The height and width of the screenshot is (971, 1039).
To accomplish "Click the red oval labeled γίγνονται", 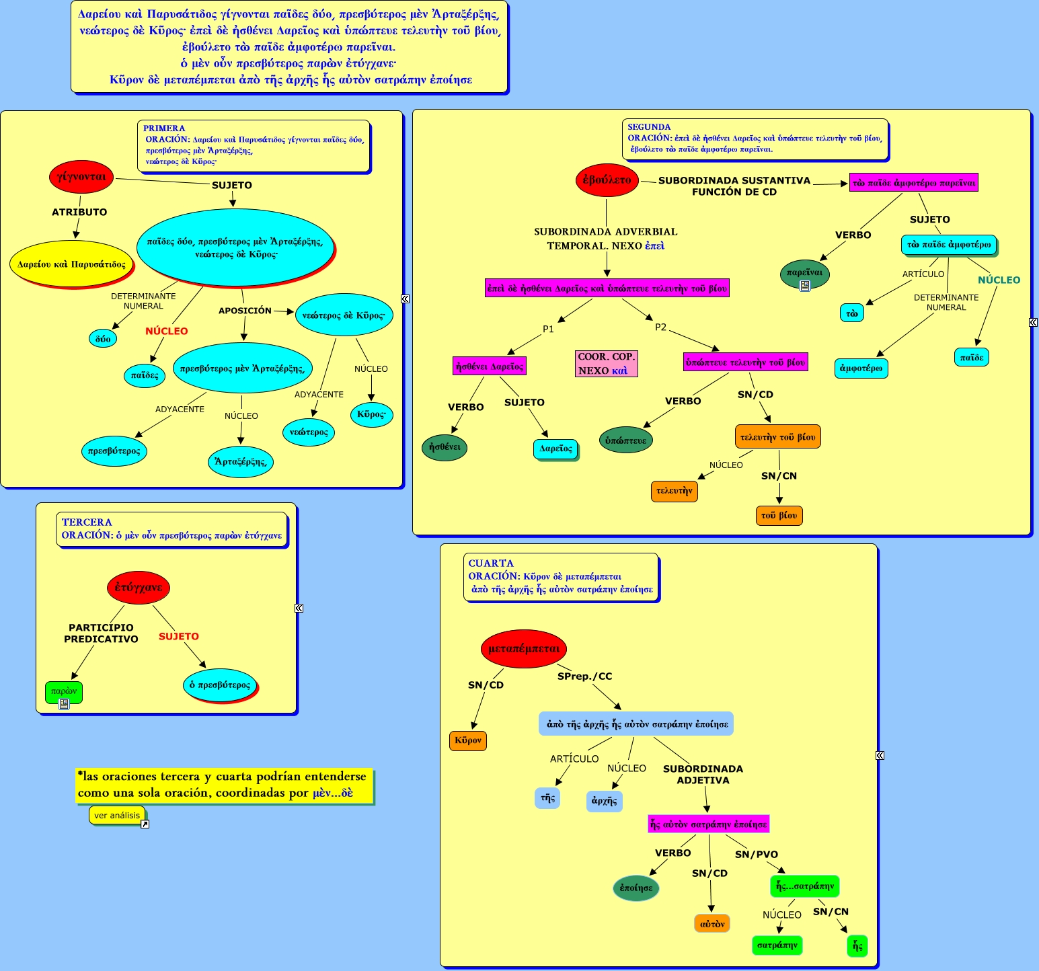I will point(81,177).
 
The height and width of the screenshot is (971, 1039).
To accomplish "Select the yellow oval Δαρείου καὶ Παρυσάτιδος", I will point(71,264).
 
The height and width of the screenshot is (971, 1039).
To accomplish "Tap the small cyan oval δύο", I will point(103,338).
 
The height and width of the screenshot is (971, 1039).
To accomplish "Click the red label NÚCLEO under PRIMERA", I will point(167,331).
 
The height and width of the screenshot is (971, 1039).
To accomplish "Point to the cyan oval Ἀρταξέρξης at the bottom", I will point(240,461).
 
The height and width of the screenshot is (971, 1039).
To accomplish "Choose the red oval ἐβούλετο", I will point(607,180).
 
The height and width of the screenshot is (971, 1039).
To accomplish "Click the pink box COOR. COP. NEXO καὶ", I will point(606,364).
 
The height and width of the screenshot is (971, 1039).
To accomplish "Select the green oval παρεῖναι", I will point(804,273).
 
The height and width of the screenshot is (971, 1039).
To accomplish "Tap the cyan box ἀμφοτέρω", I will point(861,368).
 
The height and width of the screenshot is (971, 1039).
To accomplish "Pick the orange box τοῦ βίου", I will point(779,516).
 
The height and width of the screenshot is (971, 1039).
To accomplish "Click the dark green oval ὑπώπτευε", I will point(625,440).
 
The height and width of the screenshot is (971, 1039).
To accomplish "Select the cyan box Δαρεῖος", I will point(555,449).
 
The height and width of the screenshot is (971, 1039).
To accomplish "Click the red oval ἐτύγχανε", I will point(139,587).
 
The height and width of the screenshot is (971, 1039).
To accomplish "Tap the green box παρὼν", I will point(63,691).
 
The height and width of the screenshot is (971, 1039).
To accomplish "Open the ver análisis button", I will point(117,815).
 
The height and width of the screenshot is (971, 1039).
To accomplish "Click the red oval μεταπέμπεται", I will point(524,649).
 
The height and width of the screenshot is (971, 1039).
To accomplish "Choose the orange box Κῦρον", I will point(467,740).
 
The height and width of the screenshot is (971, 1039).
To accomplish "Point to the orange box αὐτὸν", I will point(711,924).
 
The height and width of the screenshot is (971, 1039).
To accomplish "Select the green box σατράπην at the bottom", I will point(777,945).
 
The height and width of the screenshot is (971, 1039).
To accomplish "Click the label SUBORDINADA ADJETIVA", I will point(703,775).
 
